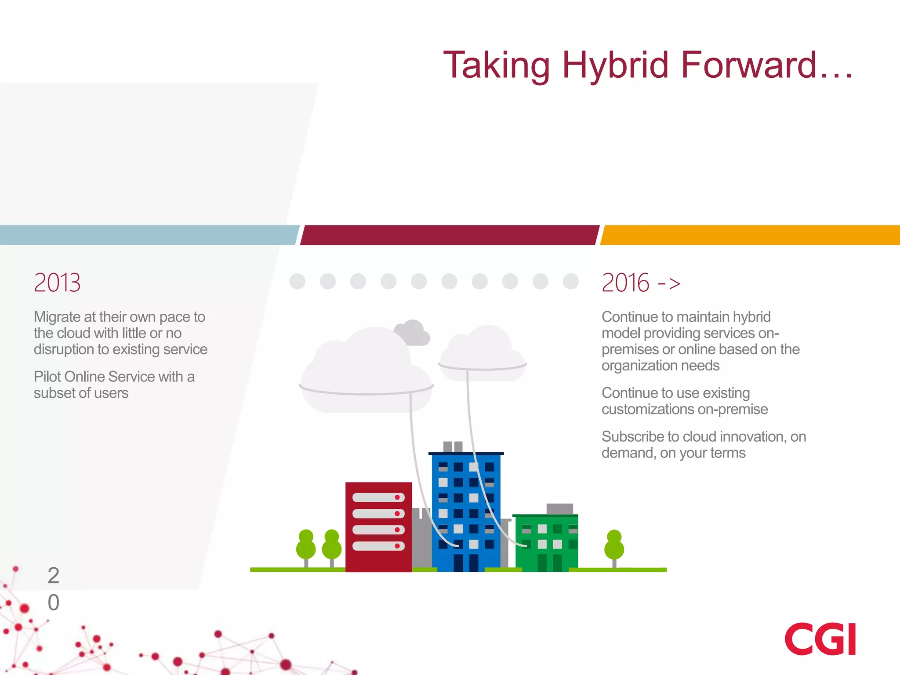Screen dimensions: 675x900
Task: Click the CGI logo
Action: (820, 639)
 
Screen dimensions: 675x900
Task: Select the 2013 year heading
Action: (57, 283)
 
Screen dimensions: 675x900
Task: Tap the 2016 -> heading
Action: (641, 283)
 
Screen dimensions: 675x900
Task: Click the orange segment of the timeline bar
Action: (750, 235)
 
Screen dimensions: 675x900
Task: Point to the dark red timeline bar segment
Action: (449, 235)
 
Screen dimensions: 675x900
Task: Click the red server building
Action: (378, 527)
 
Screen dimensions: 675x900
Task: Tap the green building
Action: (546, 543)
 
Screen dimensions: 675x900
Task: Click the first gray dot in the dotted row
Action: (298, 281)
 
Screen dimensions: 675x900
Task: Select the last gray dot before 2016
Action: (570, 281)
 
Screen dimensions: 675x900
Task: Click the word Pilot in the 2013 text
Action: (47, 377)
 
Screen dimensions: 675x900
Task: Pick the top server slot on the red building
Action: (378, 497)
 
